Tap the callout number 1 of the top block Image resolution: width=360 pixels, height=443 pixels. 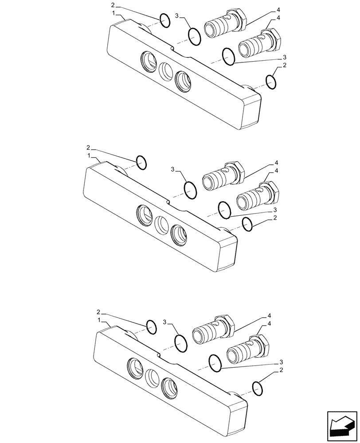pyautogui.click(x=114, y=14)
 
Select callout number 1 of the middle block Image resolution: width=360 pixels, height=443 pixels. pyautogui.click(x=89, y=156)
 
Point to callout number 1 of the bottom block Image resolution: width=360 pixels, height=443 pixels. pyautogui.click(x=100, y=320)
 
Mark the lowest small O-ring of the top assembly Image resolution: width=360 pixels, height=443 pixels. pyautogui.click(x=271, y=82)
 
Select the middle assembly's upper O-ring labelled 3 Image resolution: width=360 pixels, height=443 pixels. pyautogui.click(x=190, y=190)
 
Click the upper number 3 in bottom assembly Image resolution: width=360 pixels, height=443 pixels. pyautogui.click(x=164, y=321)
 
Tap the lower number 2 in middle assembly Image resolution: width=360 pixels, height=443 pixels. pyautogui.click(x=275, y=218)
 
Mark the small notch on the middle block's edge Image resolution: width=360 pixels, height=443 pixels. pyautogui.click(x=168, y=202)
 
